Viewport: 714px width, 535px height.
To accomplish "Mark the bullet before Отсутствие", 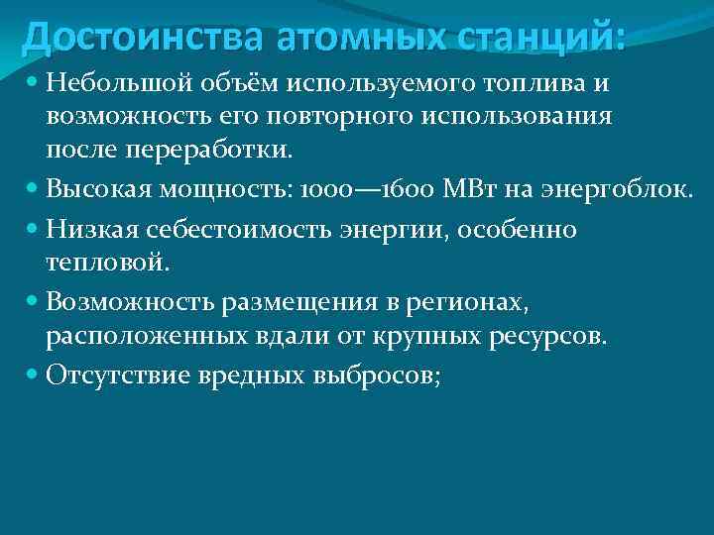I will pos(34,375).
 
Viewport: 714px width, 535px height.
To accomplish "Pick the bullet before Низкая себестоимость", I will pos(34,229).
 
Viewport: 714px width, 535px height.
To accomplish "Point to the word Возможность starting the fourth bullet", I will pos(120,300).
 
